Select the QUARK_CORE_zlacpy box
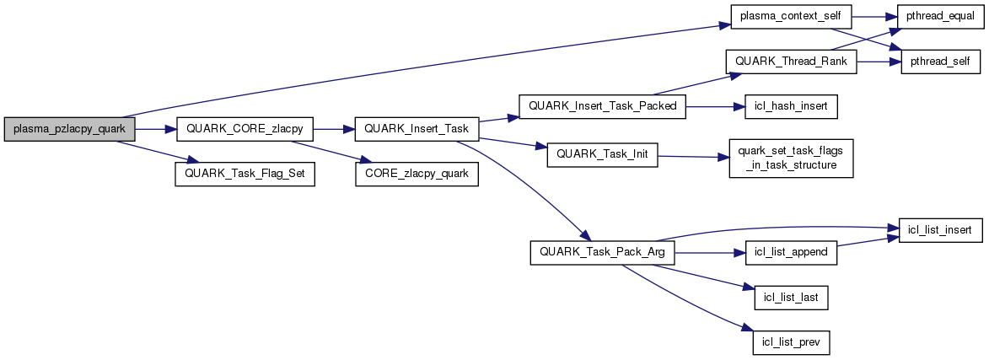(x=245, y=129)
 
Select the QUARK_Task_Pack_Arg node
(x=602, y=254)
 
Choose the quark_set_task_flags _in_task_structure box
(x=791, y=157)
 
